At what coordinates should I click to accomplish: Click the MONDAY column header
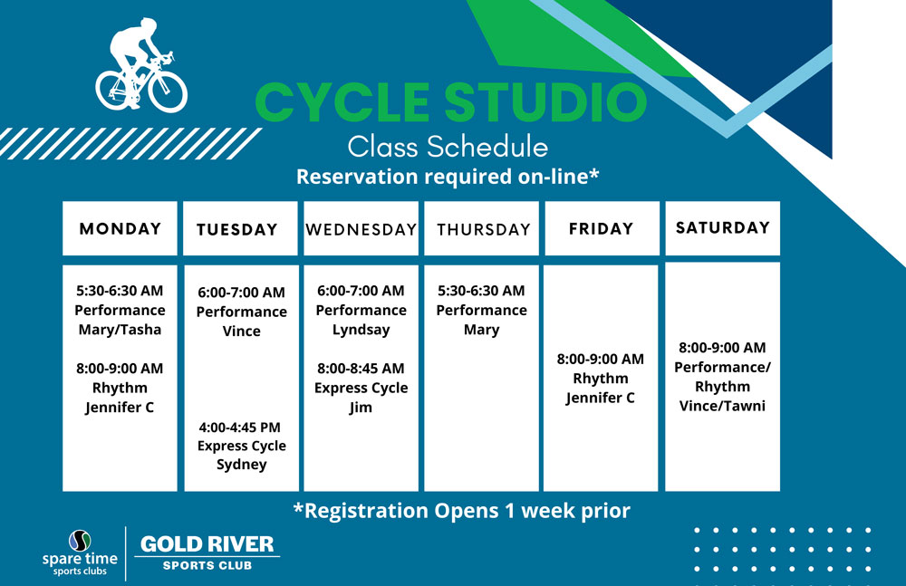(120, 229)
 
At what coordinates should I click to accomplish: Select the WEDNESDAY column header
(361, 229)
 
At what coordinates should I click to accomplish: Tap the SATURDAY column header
(723, 227)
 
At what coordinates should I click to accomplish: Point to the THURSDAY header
(484, 229)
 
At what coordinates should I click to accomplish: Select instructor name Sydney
(242, 465)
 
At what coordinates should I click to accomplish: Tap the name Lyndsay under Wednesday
(361, 330)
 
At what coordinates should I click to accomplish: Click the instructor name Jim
(361, 408)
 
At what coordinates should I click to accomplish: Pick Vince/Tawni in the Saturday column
(722, 406)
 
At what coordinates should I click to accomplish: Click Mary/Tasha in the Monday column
(120, 330)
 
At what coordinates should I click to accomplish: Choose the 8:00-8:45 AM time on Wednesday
(361, 368)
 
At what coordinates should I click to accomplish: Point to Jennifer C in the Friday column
(600, 398)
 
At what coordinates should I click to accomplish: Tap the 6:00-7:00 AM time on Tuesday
(242, 293)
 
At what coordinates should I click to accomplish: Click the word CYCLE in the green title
(342, 102)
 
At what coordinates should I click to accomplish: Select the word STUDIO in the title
(546, 102)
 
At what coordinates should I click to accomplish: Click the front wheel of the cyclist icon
(168, 91)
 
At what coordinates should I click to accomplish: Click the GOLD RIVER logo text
(207, 543)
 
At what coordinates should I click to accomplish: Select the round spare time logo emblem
(80, 541)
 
